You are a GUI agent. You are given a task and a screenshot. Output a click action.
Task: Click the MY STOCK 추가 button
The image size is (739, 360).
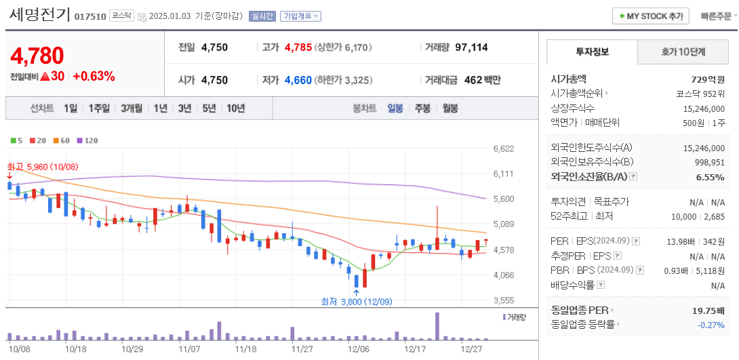(650, 16)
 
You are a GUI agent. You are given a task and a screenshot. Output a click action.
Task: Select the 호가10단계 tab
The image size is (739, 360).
(683, 52)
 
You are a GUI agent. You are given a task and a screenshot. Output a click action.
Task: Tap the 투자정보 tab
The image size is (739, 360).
(592, 52)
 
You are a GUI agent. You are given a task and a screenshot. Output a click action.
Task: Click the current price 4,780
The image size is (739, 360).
(37, 56)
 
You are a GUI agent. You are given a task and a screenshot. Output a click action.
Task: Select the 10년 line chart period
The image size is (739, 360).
(235, 108)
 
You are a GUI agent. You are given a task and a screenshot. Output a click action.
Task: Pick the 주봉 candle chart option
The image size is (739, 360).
(422, 108)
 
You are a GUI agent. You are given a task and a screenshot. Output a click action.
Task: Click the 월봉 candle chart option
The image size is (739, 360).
(450, 108)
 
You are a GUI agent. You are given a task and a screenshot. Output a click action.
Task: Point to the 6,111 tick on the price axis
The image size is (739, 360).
(503, 174)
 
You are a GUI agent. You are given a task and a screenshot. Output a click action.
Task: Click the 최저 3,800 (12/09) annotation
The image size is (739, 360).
(357, 302)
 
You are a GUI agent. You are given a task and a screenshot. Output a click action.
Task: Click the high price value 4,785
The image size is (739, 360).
(298, 47)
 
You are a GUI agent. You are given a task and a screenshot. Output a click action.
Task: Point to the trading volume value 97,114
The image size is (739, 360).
(471, 47)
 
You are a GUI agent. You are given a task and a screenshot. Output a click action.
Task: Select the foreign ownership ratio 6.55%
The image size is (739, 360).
(710, 177)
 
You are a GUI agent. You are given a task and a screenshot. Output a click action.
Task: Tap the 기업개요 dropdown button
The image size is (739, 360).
(301, 16)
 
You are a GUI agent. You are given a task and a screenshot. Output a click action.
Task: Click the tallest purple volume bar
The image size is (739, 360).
(437, 325)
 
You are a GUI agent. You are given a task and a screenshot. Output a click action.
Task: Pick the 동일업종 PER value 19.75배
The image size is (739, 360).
(708, 311)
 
